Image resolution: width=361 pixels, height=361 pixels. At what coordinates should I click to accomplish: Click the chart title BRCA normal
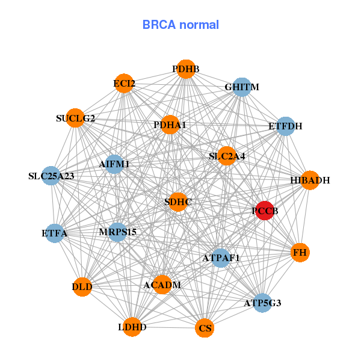click(x=180, y=25)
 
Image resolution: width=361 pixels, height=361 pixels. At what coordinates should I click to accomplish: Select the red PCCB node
click(x=265, y=211)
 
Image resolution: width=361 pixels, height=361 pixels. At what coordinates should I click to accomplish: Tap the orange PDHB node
click(x=186, y=69)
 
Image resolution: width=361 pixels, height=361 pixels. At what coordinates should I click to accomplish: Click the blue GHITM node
click(x=241, y=87)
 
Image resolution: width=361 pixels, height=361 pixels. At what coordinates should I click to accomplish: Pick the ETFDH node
click(x=285, y=126)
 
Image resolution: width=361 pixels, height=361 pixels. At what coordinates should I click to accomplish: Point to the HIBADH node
click(x=309, y=180)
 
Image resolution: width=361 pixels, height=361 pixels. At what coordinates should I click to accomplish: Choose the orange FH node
click(x=300, y=253)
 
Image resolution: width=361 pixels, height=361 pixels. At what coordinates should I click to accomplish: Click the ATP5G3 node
click(x=262, y=303)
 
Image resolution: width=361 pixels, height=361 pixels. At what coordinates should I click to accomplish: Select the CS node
click(x=205, y=328)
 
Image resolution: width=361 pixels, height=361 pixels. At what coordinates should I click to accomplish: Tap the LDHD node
click(x=132, y=327)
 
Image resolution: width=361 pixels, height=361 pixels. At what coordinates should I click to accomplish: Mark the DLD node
click(x=82, y=286)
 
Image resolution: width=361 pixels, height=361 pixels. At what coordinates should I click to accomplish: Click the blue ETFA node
click(x=54, y=232)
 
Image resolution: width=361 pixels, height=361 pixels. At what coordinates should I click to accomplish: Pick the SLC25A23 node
click(x=52, y=176)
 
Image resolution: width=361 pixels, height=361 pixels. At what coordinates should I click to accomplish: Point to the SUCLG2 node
click(x=76, y=118)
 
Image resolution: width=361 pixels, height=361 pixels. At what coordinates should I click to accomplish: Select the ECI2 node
click(x=124, y=84)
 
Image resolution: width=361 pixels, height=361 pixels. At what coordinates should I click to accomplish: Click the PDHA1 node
click(x=170, y=125)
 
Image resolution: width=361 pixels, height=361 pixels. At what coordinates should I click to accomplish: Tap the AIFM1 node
click(x=114, y=164)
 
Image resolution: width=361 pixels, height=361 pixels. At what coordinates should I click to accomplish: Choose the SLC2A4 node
click(x=227, y=156)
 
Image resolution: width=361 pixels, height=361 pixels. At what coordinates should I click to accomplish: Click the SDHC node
click(x=178, y=202)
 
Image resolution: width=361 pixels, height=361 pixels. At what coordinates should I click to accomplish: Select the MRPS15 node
click(x=118, y=232)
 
